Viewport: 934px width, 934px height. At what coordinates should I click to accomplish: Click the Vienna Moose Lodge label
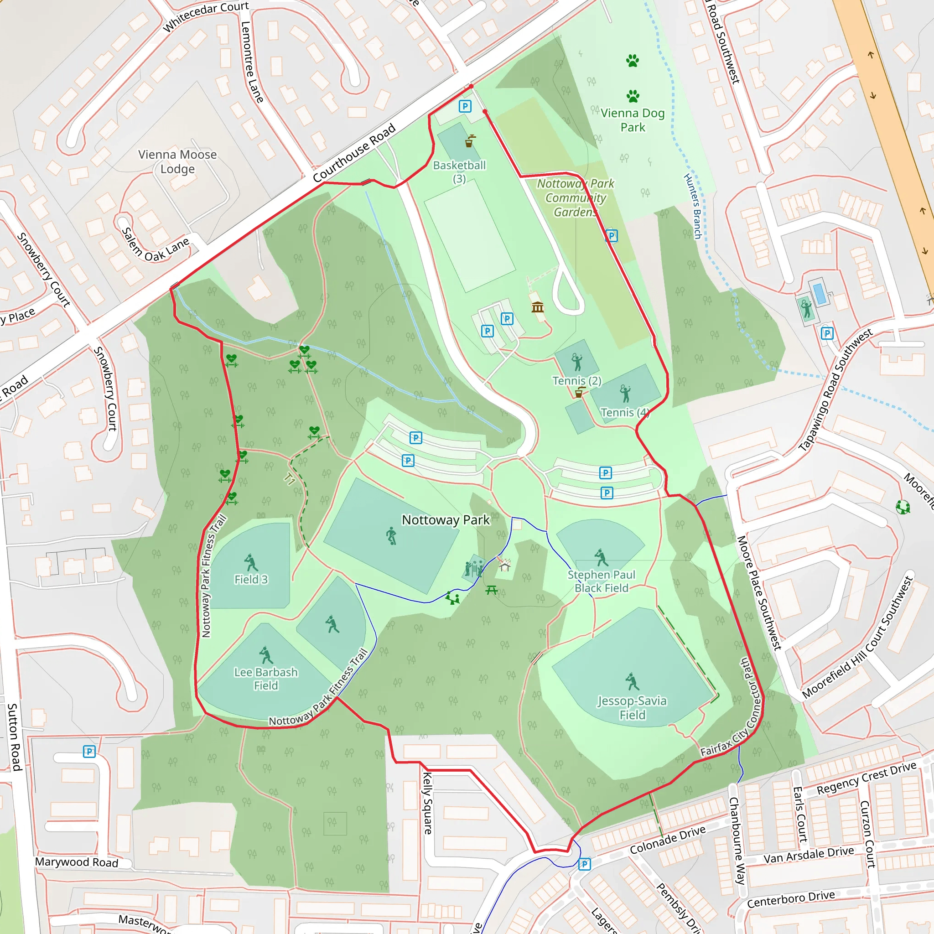tap(177, 161)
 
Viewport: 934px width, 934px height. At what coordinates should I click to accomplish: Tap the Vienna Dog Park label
tap(633, 120)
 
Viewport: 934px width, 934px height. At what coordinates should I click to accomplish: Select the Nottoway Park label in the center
tap(446, 520)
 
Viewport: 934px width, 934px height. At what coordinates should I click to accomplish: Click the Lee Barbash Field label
tap(266, 679)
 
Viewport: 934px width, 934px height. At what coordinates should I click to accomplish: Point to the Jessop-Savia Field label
tap(632, 707)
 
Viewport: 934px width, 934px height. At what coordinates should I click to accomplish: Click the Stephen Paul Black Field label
tap(602, 581)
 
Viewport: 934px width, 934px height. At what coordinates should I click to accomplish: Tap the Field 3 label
tap(251, 579)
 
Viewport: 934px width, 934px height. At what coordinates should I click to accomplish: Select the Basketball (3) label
tap(459, 171)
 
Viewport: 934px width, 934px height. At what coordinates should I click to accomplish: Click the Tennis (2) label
tap(577, 380)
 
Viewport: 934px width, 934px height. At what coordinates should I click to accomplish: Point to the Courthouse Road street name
tap(354, 153)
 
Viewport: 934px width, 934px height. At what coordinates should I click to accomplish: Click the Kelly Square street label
tap(427, 803)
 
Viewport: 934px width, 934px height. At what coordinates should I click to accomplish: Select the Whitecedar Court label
tap(206, 16)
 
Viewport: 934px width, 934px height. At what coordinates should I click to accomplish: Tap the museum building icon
tap(538, 307)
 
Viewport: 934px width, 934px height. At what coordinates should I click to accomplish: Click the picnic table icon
tap(492, 590)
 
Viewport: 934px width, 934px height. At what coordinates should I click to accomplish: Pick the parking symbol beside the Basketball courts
tap(465, 106)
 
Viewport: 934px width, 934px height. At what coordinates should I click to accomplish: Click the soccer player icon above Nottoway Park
tap(391, 536)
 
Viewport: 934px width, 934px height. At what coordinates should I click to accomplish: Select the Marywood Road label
tap(76, 862)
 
